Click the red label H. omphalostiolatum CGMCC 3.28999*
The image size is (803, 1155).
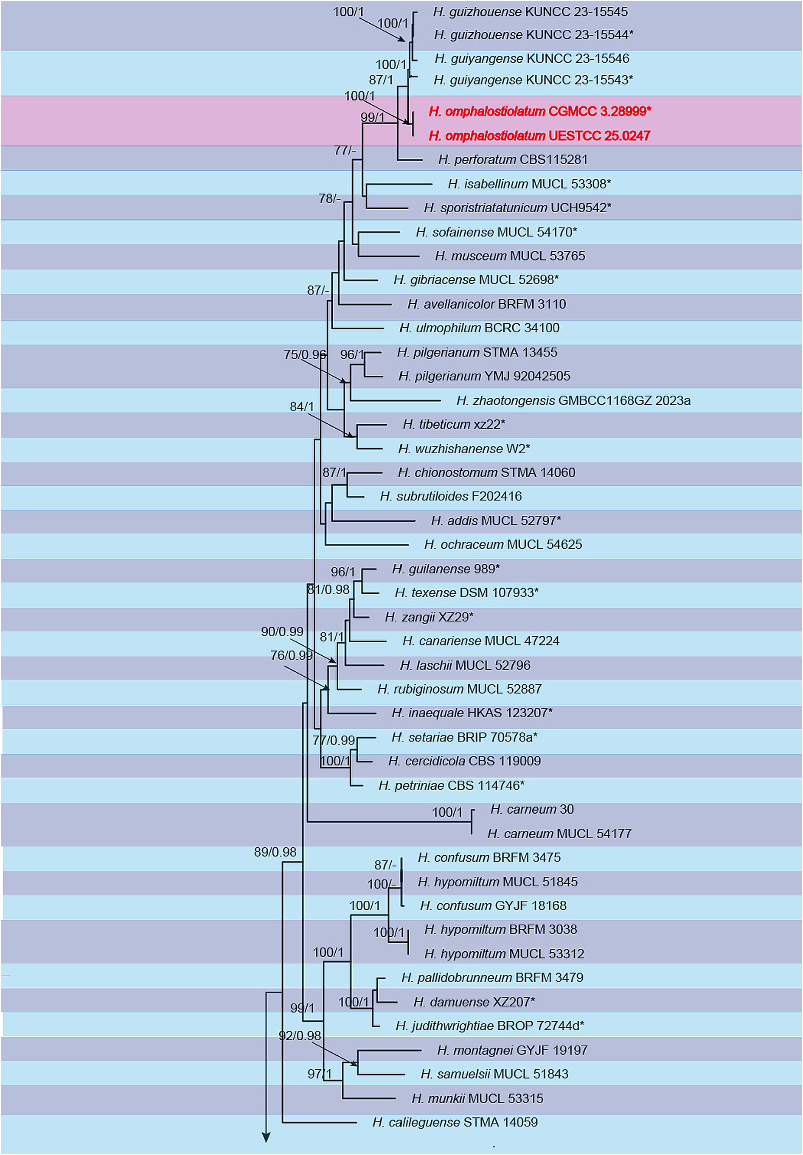pos(539,111)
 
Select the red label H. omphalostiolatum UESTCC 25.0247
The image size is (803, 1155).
pos(539,136)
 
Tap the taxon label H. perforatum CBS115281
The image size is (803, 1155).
pos(512,160)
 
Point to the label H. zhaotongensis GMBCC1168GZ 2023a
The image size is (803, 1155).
pos(573,400)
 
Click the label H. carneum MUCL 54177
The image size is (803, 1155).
pos(559,834)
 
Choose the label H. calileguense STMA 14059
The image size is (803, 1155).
pos(455,1122)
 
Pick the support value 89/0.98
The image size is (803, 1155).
pos(275,851)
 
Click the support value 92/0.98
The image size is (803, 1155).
pos(300,1035)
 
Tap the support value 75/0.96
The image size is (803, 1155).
pos(305,354)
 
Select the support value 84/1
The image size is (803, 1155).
pos(301,407)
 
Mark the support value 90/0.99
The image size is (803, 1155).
pos(282,631)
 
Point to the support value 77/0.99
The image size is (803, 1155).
pos(334,740)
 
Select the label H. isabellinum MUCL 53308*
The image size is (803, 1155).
pos(529,184)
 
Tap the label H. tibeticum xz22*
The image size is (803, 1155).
pos(454,424)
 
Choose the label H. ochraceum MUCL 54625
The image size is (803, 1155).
pos(503,544)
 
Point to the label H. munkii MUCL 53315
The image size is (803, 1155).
pos(477,1098)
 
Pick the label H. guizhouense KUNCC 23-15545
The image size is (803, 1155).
pos(530,11)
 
